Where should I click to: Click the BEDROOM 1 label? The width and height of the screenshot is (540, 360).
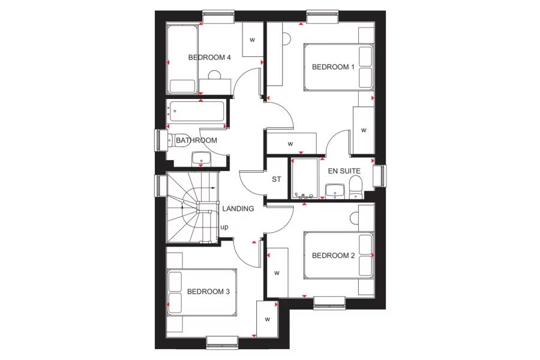pos(333,67)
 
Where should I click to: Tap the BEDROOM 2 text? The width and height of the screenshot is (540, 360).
pos(333,255)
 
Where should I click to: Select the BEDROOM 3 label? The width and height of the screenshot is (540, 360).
pos(208,292)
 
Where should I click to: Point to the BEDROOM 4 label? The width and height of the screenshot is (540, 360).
pos(209,58)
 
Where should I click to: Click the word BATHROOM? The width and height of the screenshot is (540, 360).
pos(196,140)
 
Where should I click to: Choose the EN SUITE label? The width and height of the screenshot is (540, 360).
pos(344,171)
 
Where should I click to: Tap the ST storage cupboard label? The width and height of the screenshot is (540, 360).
pos(277,179)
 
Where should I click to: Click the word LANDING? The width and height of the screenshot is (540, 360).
pos(238,209)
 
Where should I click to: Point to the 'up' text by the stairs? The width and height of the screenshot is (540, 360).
pos(224,227)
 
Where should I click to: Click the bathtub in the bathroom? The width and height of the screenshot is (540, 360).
pos(197,111)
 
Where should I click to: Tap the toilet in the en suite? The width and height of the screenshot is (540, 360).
pos(356,185)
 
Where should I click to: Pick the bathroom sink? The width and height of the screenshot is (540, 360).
pos(200,158)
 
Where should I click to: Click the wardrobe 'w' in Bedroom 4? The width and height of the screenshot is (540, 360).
pos(252,40)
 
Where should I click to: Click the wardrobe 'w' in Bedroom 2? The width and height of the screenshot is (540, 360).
pos(277,272)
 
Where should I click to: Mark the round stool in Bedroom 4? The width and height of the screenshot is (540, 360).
pos(214,75)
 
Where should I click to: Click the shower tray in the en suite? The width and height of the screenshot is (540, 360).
pos(304,178)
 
